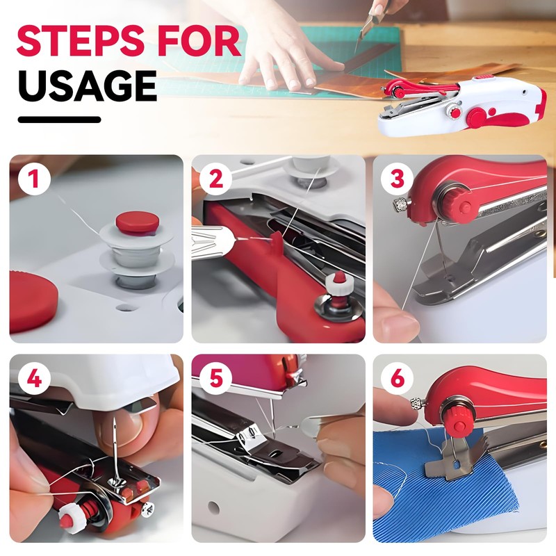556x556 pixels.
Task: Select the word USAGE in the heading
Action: click(88, 85)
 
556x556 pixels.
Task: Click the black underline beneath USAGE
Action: click(59, 120)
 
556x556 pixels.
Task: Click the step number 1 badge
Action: click(34, 179)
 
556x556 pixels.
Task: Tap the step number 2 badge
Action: click(215, 179)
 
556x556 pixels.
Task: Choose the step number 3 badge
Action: click(397, 179)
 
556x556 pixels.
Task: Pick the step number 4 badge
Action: click(34, 378)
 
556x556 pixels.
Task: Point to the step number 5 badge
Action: click(215, 378)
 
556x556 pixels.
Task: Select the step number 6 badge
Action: click(397, 378)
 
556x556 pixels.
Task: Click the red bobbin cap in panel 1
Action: click(137, 222)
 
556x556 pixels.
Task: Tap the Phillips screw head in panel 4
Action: click(147, 509)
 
